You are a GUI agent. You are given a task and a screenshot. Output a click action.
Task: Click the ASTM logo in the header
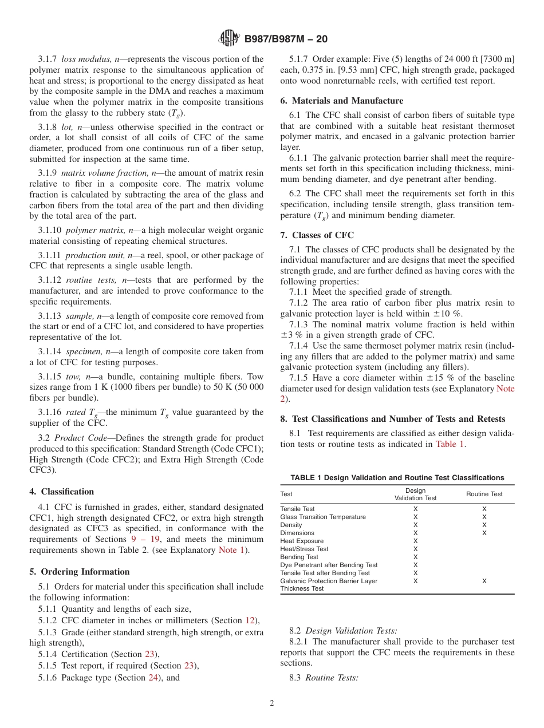pos(230,39)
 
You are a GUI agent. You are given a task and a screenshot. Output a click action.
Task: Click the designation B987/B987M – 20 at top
pos(286,39)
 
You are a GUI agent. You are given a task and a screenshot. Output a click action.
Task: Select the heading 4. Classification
pos(62,492)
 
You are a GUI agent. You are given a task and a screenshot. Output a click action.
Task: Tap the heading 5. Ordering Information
pos(80,572)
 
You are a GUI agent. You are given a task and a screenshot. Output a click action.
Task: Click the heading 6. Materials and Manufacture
pos(341,101)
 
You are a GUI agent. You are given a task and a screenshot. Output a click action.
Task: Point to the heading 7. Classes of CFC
pos(317,235)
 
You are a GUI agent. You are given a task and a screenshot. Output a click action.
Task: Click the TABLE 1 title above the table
pos(397,477)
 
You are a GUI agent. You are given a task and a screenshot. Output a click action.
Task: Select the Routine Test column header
pos(484,494)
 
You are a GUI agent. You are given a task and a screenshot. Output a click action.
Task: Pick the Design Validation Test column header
pos(415,494)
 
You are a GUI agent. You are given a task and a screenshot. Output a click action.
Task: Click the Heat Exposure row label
pos(302,541)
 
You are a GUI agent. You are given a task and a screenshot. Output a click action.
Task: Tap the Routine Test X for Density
pos(484,525)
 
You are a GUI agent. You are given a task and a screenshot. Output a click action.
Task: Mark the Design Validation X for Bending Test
pos(415,557)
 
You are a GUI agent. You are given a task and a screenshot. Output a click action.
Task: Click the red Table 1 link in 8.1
pos(450,444)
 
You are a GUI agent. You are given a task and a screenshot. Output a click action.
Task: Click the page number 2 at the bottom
pos(272,703)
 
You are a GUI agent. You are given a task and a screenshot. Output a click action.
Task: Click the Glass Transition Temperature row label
pos(323,517)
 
